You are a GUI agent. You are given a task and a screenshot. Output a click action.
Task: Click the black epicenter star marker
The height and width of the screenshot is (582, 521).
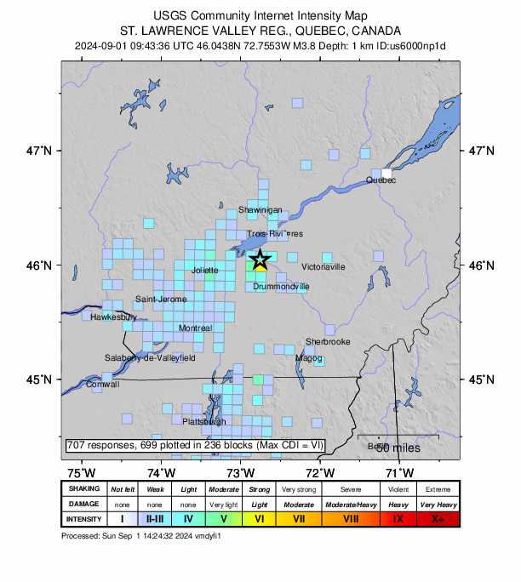point(260,260)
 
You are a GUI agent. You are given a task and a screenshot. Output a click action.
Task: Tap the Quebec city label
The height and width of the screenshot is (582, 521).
point(381,180)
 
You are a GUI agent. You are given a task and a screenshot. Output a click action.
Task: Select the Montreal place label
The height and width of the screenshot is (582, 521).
point(196,328)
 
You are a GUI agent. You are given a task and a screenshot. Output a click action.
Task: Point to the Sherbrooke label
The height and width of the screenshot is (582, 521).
point(328,342)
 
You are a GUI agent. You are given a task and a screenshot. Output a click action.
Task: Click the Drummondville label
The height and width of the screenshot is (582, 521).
point(281,287)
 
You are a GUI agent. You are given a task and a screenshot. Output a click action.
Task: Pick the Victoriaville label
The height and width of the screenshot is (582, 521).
point(323,267)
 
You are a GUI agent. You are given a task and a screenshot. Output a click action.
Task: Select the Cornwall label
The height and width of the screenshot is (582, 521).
point(103,385)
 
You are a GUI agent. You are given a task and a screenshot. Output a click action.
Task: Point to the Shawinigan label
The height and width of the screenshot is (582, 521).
point(260,209)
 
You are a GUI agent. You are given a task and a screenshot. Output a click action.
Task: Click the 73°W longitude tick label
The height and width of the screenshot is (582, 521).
point(241,472)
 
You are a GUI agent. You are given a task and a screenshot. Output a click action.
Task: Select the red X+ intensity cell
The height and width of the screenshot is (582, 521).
point(438,519)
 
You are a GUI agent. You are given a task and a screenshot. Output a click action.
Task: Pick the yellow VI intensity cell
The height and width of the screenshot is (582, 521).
point(260,519)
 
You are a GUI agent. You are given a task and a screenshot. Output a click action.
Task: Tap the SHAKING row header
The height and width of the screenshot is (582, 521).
point(84,489)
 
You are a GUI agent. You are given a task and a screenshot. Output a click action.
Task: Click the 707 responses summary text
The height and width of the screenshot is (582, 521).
point(188,445)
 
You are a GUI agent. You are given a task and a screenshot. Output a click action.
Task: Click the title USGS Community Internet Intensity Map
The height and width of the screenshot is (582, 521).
point(260,15)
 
